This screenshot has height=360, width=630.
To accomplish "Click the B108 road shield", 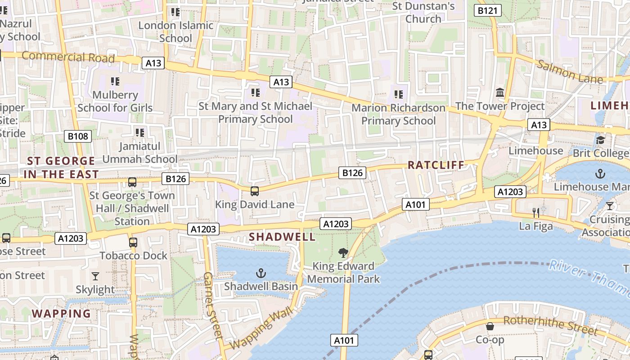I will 78,136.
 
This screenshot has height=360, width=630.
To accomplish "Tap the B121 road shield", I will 487,10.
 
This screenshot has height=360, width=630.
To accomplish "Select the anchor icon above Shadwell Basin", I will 261,273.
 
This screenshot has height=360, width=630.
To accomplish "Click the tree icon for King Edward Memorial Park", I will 343,252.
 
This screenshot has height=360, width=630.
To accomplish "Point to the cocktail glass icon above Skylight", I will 95,276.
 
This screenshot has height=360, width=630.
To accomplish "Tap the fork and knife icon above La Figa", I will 535,212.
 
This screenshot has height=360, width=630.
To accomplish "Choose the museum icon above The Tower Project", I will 500,93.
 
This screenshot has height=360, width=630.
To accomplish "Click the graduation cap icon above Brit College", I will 600,140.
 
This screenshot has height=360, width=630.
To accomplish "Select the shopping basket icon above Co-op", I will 490,326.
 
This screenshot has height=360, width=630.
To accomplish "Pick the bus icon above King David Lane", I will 254,191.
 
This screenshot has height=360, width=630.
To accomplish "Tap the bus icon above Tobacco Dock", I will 133,243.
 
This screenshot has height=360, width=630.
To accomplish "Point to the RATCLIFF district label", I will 436,165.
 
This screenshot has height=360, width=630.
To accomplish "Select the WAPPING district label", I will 61,313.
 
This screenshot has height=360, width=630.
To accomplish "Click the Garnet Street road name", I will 213,306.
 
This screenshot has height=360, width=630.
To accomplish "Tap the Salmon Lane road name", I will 570,72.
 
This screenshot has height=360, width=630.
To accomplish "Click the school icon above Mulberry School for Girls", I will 115,81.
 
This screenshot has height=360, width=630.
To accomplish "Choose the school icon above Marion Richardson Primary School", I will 398,94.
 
